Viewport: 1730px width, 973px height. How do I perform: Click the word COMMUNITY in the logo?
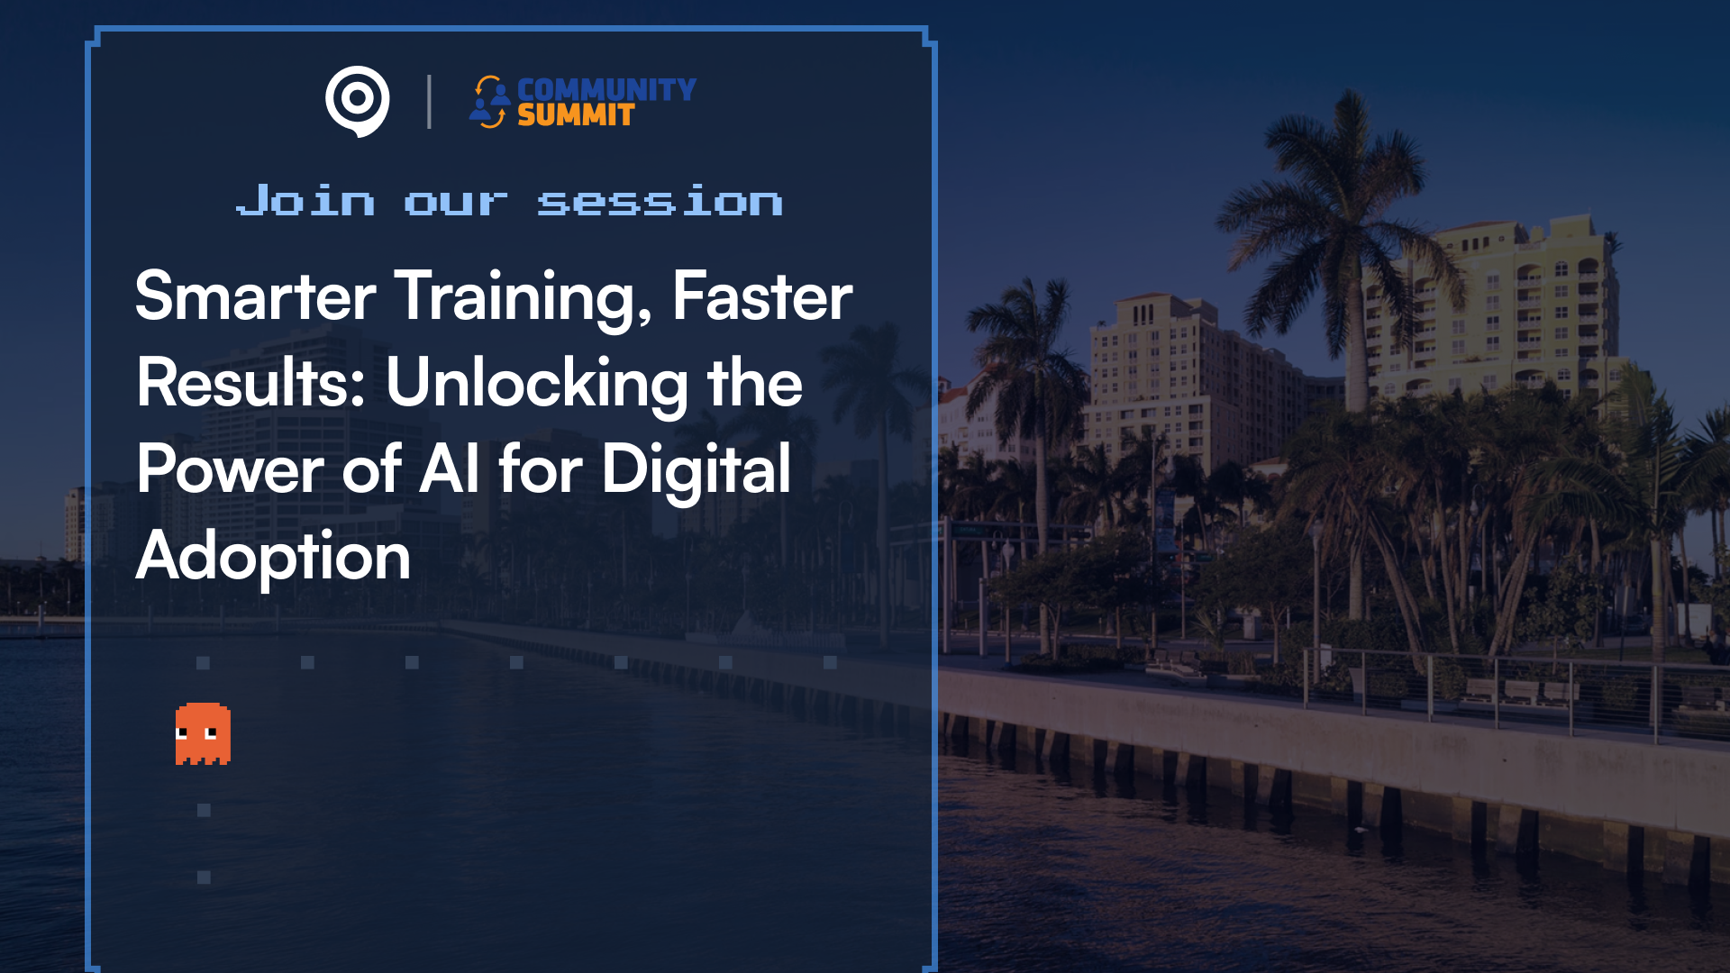[606, 89]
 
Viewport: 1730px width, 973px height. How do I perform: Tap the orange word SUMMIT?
[576, 115]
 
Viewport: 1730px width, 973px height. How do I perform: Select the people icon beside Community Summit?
[489, 102]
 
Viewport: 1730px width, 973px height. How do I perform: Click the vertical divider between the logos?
[429, 102]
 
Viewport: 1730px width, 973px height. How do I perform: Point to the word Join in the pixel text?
[305, 199]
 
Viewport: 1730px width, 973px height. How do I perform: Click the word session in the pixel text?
[660, 200]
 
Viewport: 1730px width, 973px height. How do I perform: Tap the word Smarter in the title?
[256, 296]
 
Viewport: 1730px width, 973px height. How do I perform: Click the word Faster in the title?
[762, 296]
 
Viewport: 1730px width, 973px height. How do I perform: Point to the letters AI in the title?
[450, 468]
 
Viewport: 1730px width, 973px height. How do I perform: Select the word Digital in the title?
[697, 470]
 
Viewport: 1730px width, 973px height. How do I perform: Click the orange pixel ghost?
[203, 733]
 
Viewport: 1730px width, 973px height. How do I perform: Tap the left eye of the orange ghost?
[182, 733]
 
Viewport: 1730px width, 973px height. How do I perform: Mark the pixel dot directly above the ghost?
[203, 663]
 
